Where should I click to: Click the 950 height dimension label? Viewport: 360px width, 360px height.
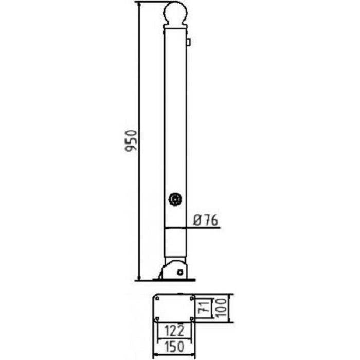[131, 140]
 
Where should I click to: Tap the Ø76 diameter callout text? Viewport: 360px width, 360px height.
[205, 221]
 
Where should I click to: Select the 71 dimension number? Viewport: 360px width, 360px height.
[204, 308]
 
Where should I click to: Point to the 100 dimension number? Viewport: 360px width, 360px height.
[222, 308]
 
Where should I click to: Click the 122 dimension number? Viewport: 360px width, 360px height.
[174, 331]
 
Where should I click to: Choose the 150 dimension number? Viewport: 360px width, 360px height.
[174, 347]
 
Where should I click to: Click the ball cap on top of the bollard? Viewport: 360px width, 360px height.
[175, 13]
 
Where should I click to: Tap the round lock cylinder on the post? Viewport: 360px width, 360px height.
[175, 200]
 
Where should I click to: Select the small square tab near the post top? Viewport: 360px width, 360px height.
[188, 42]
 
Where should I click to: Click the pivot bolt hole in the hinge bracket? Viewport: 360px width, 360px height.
[180, 272]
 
